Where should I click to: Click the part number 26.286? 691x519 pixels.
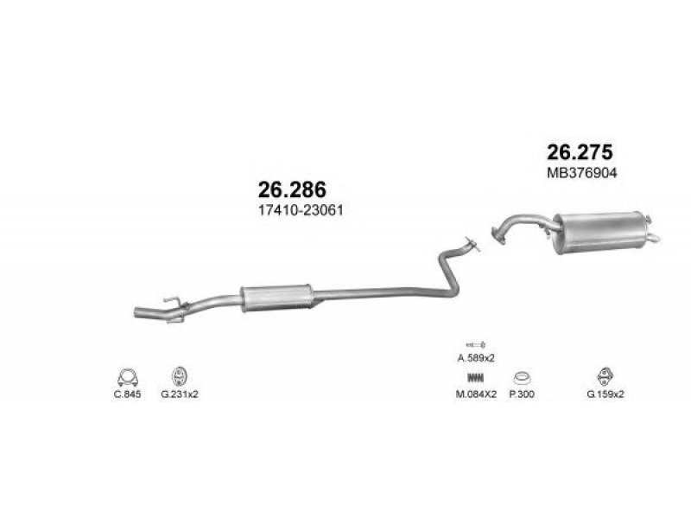tap(292, 189)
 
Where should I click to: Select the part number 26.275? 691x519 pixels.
tap(580, 152)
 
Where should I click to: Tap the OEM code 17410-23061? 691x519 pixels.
tap(301, 210)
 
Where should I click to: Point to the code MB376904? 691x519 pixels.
tap(581, 172)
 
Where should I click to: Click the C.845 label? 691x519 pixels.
tap(127, 394)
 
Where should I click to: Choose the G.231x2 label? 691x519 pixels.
tap(180, 394)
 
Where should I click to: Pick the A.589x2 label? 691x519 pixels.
tap(476, 358)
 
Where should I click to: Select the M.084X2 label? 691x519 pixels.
tap(476, 394)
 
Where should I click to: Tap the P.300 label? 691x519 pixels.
tap(522, 394)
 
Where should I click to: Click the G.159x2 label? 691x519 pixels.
tap(605, 394)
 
